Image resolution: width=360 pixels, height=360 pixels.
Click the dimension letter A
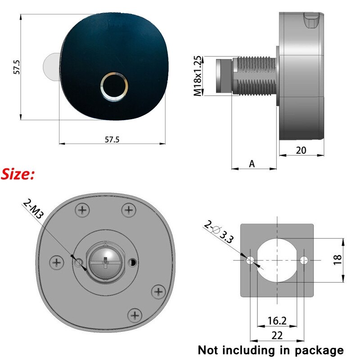(x=252, y=164)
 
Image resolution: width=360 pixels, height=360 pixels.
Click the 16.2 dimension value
(x=276, y=320)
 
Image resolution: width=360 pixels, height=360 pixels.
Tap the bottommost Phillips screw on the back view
(x=134, y=314)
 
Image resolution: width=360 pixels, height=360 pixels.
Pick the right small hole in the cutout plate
(x=304, y=260)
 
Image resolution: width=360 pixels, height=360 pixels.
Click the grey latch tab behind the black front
(x=50, y=67)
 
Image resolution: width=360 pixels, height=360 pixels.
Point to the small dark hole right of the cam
(x=133, y=261)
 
